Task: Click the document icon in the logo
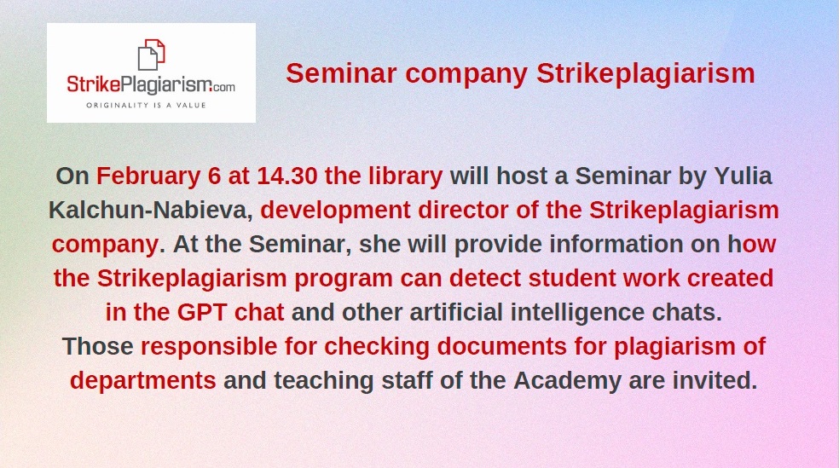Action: (152, 55)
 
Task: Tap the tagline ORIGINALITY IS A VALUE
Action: (146, 106)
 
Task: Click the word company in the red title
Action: (466, 74)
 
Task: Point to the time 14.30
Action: (287, 176)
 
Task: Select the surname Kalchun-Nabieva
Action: (151, 211)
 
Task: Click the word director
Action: (463, 211)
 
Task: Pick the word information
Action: (616, 245)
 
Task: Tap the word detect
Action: (485, 278)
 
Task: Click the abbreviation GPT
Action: (202, 312)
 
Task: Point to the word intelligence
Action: (577, 313)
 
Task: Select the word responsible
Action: (209, 347)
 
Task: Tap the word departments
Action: (143, 381)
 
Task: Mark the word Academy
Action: (568, 381)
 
